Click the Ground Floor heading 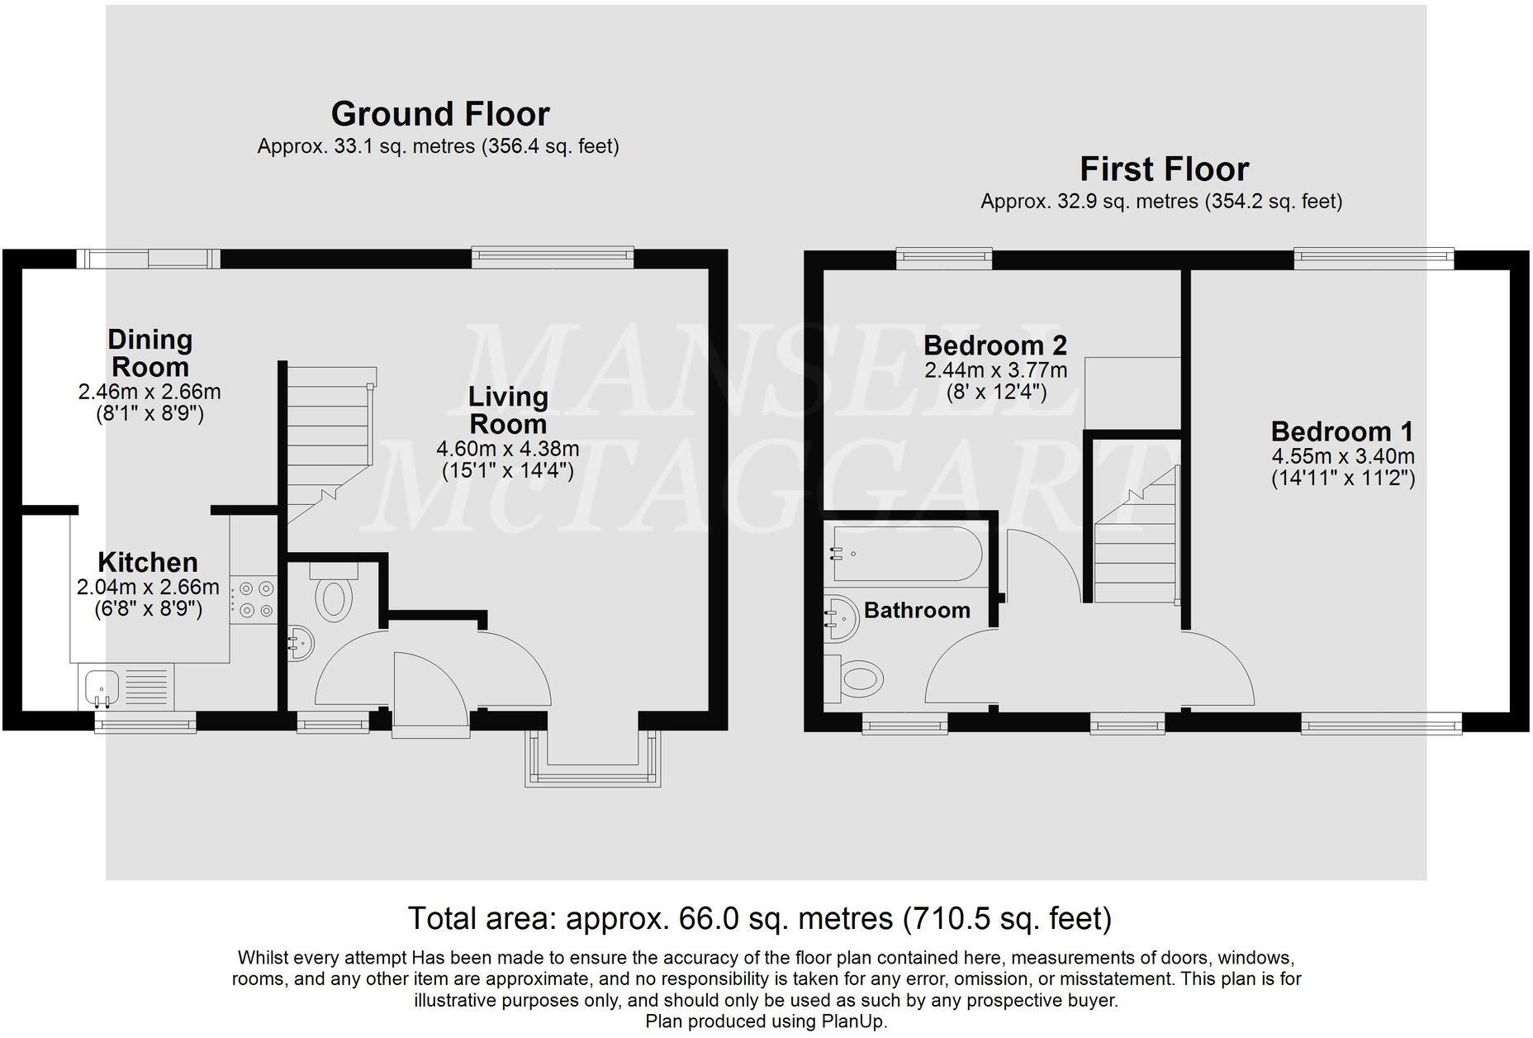(x=439, y=114)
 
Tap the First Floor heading (x=1164, y=169)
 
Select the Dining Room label (x=150, y=353)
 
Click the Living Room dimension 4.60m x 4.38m (x=507, y=450)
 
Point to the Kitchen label (x=148, y=563)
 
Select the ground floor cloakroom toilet (x=334, y=596)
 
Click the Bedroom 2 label (x=994, y=345)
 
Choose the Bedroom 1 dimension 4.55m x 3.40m (x=1342, y=456)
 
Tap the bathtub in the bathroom (x=905, y=555)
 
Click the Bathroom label (x=917, y=611)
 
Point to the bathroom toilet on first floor (x=856, y=679)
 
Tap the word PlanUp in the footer (x=852, y=1021)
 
